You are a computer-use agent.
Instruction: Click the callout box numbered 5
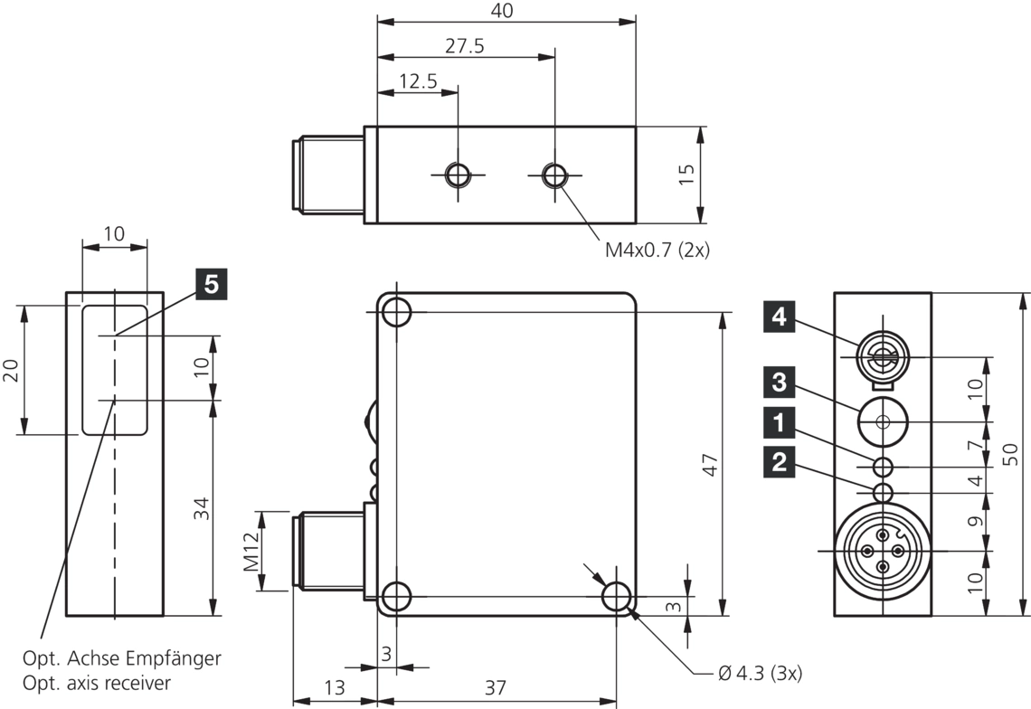click(210, 283)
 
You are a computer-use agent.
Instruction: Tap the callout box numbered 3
click(780, 381)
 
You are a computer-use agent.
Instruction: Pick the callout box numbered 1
click(780, 421)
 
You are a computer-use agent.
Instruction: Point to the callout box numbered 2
click(780, 463)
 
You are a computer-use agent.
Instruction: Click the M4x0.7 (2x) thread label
click(657, 251)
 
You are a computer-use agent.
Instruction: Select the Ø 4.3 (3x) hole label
click(759, 673)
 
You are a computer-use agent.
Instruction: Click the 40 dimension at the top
click(503, 11)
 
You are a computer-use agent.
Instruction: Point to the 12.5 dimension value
click(418, 81)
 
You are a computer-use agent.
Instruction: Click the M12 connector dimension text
click(251, 551)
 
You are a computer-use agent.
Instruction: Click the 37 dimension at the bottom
click(494, 687)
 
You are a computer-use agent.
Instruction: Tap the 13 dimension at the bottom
click(334, 687)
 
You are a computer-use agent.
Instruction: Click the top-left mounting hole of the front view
click(396, 312)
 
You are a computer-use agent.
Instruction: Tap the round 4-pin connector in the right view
click(882, 550)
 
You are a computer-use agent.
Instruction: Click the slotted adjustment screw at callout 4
click(882, 357)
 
